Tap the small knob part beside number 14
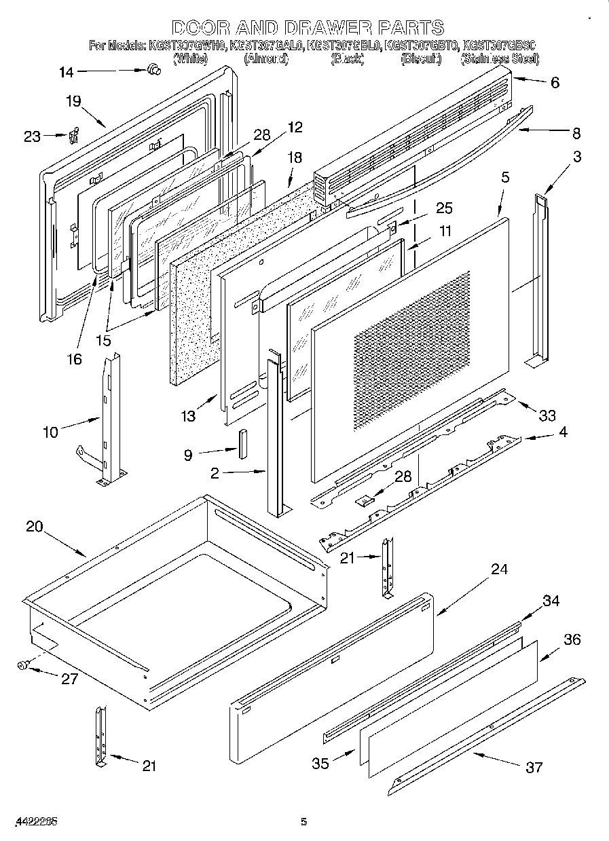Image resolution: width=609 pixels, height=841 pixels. pos(153,68)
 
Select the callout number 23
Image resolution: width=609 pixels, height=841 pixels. pos(32,136)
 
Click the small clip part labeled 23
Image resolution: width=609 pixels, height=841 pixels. pos(75,135)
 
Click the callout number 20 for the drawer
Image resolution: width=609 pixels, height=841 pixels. pos(35,527)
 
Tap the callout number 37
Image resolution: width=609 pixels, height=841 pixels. pos(534,767)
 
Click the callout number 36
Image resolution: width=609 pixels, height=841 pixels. pos(572,639)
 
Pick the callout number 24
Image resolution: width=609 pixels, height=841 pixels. pos(499,569)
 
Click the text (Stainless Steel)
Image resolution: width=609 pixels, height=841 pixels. pos(500,59)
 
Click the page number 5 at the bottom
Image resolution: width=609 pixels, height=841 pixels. pos(303,822)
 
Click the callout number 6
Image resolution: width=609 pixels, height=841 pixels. pos(555,83)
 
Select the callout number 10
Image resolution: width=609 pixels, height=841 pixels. pos(51,431)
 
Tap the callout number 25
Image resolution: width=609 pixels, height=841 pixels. pos(445,208)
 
